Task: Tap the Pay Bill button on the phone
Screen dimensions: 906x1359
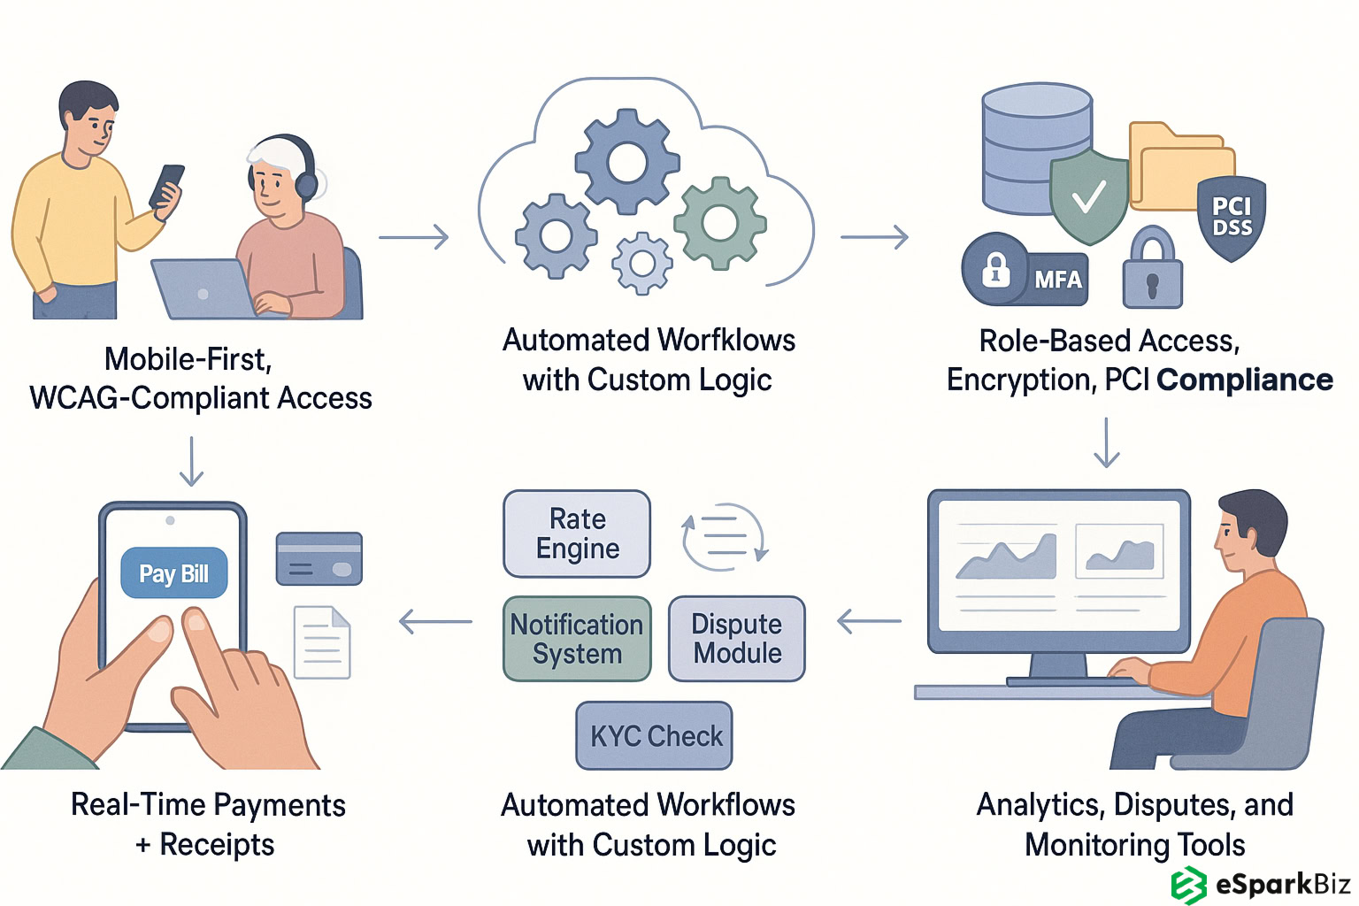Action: click(173, 573)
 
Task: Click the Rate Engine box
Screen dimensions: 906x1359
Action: click(577, 534)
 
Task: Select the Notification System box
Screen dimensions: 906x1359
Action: click(577, 639)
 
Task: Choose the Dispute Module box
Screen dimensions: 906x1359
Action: click(736, 639)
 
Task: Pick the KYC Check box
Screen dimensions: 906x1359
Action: click(655, 736)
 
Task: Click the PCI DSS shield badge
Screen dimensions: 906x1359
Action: click(1232, 218)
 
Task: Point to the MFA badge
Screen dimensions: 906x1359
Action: click(1026, 270)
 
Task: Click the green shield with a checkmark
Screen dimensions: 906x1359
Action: click(1088, 196)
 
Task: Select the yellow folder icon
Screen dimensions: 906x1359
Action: click(1180, 168)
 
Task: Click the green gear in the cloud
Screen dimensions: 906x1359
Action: click(719, 223)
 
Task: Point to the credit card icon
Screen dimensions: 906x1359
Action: click(319, 558)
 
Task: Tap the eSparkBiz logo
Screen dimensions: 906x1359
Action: click(1261, 884)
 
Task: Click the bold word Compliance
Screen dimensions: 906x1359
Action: click(1244, 380)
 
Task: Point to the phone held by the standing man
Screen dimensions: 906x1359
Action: click(166, 187)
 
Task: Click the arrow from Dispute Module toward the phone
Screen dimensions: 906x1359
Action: click(435, 622)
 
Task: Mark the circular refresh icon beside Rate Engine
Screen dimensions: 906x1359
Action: click(725, 533)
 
